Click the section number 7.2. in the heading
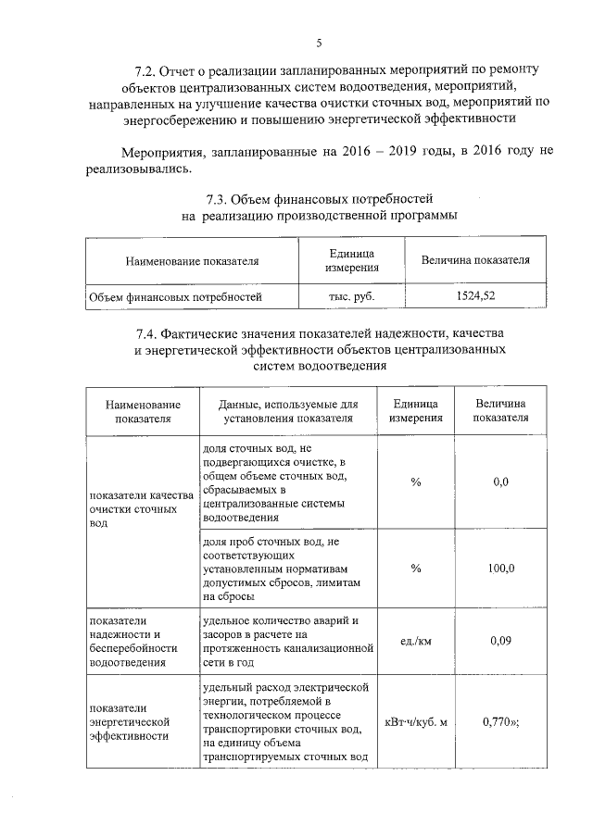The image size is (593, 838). point(146,70)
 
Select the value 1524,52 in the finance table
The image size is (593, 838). point(475,296)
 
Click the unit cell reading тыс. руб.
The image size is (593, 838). point(351,296)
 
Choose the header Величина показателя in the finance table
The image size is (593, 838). point(475,260)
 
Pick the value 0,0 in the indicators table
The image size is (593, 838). point(501,482)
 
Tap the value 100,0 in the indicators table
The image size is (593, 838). point(501,568)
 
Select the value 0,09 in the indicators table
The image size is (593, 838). point(501,639)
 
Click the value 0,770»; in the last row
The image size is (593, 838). point(501,722)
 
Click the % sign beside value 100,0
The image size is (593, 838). point(416,568)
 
